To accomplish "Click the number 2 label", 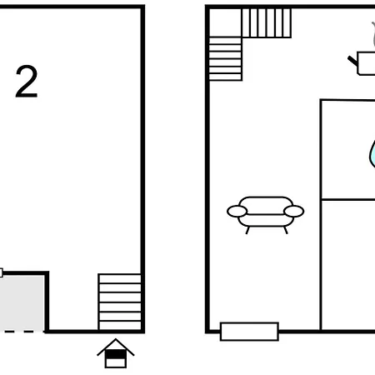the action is click(27, 82).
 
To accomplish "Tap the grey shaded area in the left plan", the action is click(22, 302).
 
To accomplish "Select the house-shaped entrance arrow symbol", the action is click(116, 353).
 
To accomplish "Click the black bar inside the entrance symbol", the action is click(116, 354).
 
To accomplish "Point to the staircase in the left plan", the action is click(120, 302).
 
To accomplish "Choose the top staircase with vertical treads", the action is click(267, 22).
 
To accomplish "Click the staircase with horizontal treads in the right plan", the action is click(225, 59).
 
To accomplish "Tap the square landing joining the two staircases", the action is click(225, 22).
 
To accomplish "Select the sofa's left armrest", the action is click(237, 212).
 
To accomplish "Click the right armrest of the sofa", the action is click(294, 212).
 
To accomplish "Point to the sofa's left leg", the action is click(247, 230).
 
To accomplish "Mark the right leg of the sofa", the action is click(286, 230).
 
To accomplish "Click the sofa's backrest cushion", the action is click(266, 206).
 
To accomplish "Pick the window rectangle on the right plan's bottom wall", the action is click(249, 332).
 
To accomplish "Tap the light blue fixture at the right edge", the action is click(372, 154).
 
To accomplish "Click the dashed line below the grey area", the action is click(22, 332).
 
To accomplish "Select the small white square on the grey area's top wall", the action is click(1, 272).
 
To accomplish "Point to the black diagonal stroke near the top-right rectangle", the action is click(352, 61).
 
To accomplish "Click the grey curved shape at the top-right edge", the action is click(373, 35).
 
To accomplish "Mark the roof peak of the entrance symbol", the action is click(116, 339).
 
